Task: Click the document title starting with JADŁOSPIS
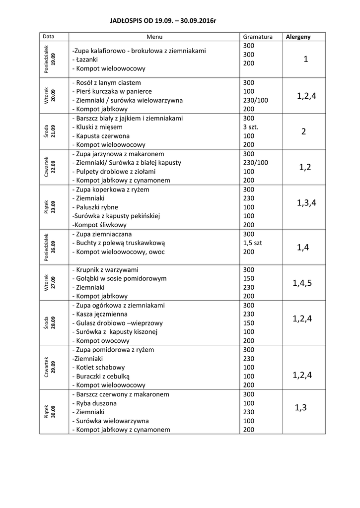tap(163, 21)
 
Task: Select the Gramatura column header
tap(258, 37)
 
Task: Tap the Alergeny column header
tap(298, 37)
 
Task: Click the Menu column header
tap(154, 37)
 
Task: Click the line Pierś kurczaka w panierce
tap(112, 91)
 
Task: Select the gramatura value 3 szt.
tap(251, 127)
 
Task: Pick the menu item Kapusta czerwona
tap(101, 136)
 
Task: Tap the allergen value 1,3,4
tap(306, 202)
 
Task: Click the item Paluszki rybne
tap(98, 207)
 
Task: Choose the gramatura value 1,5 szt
tap(253, 243)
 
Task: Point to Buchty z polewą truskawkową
tap(119, 243)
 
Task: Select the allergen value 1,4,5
tap(302, 283)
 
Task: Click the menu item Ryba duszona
tap(94, 403)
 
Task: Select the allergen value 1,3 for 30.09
tap(301, 408)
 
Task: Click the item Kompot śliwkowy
tap(98, 225)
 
